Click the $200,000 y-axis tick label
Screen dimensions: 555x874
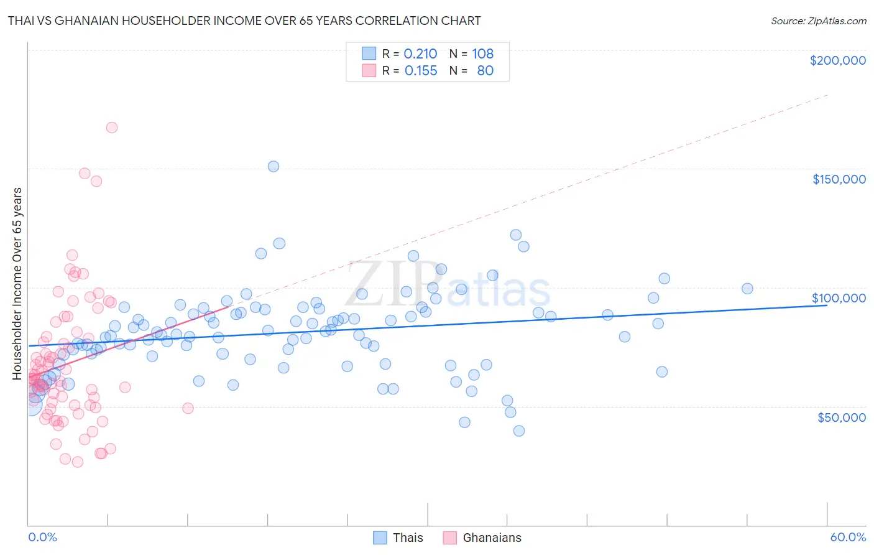pyautogui.click(x=837, y=60)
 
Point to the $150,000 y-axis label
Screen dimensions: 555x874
pyautogui.click(x=839, y=179)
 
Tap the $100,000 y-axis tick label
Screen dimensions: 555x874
pyautogui.click(x=839, y=298)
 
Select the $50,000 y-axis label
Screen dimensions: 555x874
pyautogui.click(x=841, y=417)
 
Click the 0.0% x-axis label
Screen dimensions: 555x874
pyautogui.click(x=42, y=537)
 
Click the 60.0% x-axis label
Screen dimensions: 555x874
pyautogui.click(x=848, y=537)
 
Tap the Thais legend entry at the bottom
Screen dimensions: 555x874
pyautogui.click(x=398, y=538)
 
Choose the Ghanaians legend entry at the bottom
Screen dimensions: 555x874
pyautogui.click(x=482, y=538)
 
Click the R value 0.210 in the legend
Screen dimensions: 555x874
pyautogui.click(x=421, y=54)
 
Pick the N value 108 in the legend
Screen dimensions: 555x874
pyautogui.click(x=483, y=54)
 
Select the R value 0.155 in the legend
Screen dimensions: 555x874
pyautogui.click(x=421, y=70)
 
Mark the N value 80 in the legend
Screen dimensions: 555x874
pyautogui.click(x=485, y=70)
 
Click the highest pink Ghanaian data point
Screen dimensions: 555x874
pyautogui.click(x=112, y=128)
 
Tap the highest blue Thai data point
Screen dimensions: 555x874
pyautogui.click(x=274, y=166)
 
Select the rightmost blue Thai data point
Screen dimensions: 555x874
pyautogui.click(x=747, y=289)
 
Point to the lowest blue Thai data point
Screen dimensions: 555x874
pyautogui.click(x=519, y=431)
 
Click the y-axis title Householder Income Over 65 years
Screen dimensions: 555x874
pyautogui.click(x=17, y=283)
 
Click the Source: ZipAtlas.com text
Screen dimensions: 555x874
pyautogui.click(x=818, y=21)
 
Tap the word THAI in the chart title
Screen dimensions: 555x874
pyautogui.click(x=22, y=21)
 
